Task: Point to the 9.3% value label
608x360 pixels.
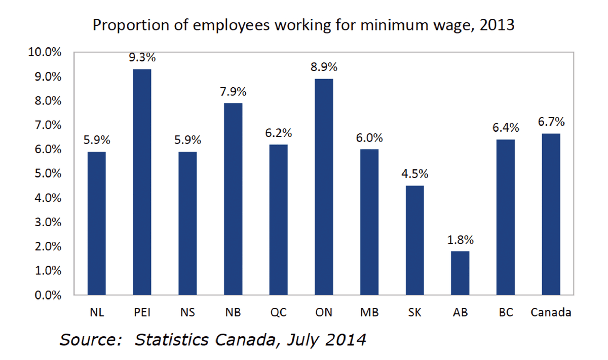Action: point(142,57)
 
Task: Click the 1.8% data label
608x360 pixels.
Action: point(460,240)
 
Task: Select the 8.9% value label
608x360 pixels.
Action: point(324,67)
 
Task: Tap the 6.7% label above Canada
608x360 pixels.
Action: point(551,122)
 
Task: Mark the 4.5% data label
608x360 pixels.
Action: point(415,174)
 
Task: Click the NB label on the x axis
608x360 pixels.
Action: point(233,312)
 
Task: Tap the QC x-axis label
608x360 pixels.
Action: point(278,312)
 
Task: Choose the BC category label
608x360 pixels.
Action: point(505,312)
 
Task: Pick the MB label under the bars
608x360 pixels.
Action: point(369,312)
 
